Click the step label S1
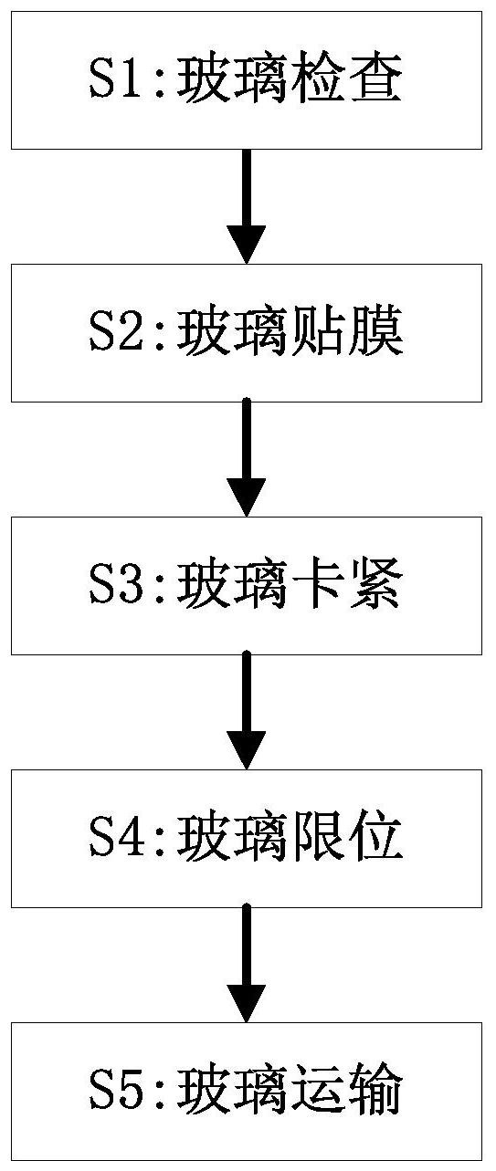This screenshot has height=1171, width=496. click(115, 80)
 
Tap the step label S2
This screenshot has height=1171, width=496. click(115, 332)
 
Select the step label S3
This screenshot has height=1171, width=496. click(115, 586)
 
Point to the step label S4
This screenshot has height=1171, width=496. click(115, 838)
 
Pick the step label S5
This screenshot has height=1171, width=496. click(115, 1091)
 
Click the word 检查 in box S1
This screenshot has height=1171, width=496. click(346, 80)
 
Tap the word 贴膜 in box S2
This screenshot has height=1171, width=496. click(346, 332)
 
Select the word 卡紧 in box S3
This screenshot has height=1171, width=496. click(346, 586)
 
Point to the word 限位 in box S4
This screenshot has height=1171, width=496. click(346, 838)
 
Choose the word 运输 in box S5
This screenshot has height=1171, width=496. click(346, 1091)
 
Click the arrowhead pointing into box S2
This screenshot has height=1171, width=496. click(247, 244)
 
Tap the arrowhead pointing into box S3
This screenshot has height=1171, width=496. click(247, 497)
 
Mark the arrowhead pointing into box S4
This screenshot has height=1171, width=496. click(247, 749)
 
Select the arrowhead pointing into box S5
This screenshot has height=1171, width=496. click(247, 1002)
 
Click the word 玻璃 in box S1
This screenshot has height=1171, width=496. click(233, 80)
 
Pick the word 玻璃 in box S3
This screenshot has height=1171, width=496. click(233, 586)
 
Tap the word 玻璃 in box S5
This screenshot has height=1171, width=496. click(233, 1091)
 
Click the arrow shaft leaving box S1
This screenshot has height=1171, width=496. click(247, 188)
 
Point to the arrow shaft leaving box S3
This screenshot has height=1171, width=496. click(247, 693)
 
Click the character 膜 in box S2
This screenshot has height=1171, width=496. click(375, 332)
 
